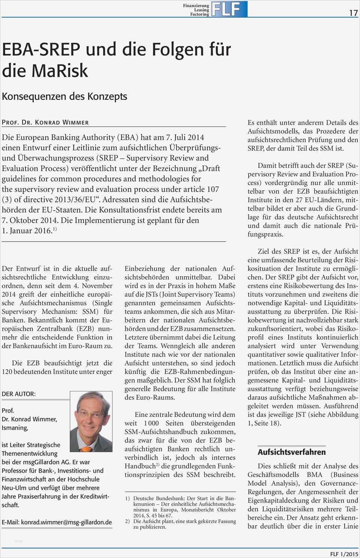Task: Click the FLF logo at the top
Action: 229,9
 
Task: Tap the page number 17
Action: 353,13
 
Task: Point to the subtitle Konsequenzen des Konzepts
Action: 64,96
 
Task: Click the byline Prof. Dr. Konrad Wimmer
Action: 45,122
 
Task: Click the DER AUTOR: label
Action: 19,394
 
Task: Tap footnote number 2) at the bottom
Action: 127,521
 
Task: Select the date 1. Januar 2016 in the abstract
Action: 26,231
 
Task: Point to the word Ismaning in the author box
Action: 15,427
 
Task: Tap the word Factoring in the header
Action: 199,14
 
